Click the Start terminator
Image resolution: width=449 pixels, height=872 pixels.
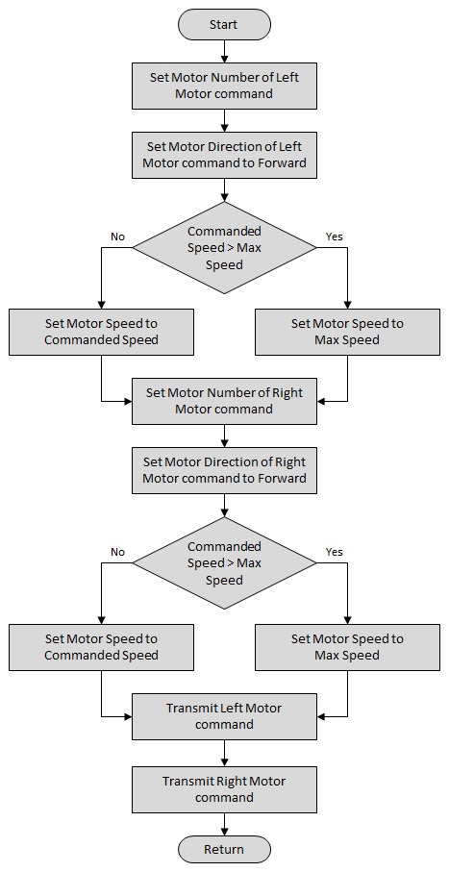[x=224, y=24]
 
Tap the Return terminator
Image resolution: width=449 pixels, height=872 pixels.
[x=224, y=849]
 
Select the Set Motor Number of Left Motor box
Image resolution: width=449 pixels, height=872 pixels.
[x=224, y=86]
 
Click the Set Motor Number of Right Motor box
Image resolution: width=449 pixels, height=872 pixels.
[x=224, y=401]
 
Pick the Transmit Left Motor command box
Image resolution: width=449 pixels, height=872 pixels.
[x=224, y=716]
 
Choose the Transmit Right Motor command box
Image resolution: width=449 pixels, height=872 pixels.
[x=224, y=789]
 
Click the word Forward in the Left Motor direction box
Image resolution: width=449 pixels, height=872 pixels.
[x=285, y=163]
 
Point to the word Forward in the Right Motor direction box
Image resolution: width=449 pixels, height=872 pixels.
[x=285, y=478]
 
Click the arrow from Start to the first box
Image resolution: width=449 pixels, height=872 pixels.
[x=224, y=51]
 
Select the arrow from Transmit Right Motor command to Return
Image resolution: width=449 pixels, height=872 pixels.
[x=224, y=824]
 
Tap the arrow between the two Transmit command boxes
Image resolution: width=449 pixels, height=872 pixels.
[x=224, y=753]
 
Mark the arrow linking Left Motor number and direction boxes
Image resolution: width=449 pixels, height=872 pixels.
[x=224, y=120]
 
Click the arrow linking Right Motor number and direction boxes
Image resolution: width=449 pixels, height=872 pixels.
[x=224, y=436]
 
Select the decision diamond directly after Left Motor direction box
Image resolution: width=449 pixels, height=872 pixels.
[x=224, y=247]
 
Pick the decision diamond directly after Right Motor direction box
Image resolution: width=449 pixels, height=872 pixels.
[x=224, y=562]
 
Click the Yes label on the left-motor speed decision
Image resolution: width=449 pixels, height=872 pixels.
[x=334, y=237]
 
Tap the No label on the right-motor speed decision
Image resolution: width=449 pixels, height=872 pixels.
[x=117, y=552]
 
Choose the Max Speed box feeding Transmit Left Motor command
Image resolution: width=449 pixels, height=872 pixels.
[x=347, y=647]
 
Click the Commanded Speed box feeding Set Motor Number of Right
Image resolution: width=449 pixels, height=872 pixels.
[x=101, y=332]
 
